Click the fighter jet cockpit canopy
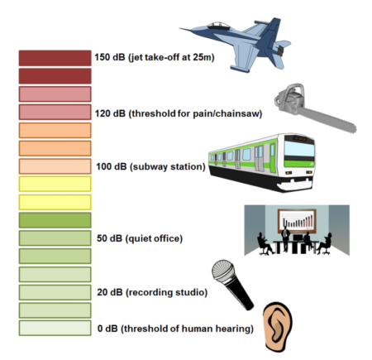click(218, 26)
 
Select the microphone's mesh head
click(223, 271)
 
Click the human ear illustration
click(278, 327)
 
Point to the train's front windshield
click(299, 148)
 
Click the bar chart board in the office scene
click(297, 221)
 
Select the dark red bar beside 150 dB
click(55, 58)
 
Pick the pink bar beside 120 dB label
click(55, 112)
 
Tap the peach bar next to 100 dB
click(55, 166)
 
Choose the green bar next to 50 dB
click(55, 238)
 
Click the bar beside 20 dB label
click(55, 292)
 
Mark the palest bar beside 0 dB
click(55, 328)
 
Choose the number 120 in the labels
click(103, 113)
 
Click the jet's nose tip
click(180, 28)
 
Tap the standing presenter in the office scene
click(285, 238)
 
